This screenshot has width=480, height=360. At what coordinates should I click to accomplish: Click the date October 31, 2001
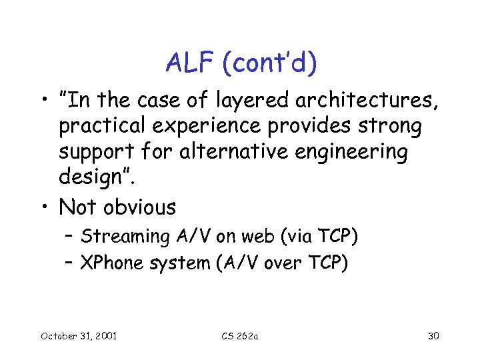click(79, 335)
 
